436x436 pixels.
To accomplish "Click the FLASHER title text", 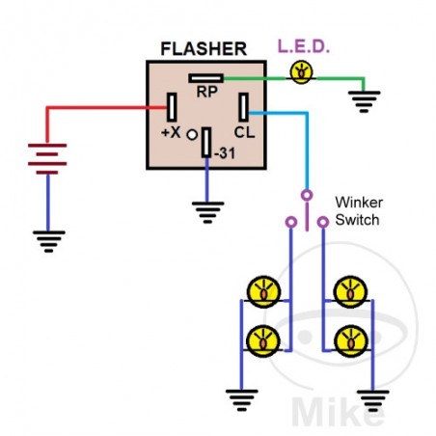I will [x=204, y=48].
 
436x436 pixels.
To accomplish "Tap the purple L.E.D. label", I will [x=303, y=46].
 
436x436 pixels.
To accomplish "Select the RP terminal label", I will [x=204, y=93].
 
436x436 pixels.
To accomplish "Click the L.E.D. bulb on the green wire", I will [x=303, y=71].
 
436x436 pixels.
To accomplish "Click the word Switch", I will [x=356, y=219].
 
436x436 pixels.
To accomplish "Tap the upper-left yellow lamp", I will [x=263, y=289].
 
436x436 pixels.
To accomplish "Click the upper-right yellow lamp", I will [x=349, y=289].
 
